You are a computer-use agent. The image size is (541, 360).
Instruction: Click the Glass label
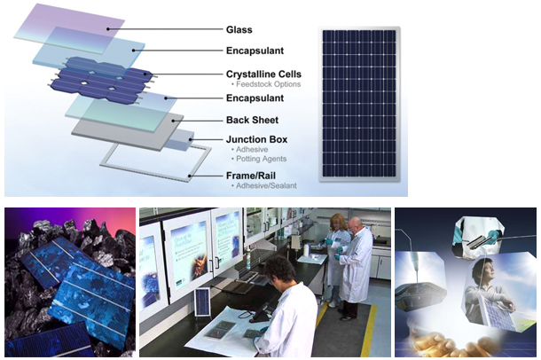[239, 29]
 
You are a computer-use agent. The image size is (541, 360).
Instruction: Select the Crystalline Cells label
[263, 74]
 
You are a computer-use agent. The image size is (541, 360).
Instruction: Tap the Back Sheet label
[252, 120]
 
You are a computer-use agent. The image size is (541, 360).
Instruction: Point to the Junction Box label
[256, 140]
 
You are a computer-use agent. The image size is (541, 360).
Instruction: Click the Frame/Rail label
[251, 176]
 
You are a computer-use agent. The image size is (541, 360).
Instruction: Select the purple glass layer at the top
[70, 28]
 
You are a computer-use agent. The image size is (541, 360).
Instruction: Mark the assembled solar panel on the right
[359, 104]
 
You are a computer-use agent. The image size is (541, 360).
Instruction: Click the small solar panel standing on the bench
[202, 302]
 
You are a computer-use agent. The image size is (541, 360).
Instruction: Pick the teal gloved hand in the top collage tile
[492, 236]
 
